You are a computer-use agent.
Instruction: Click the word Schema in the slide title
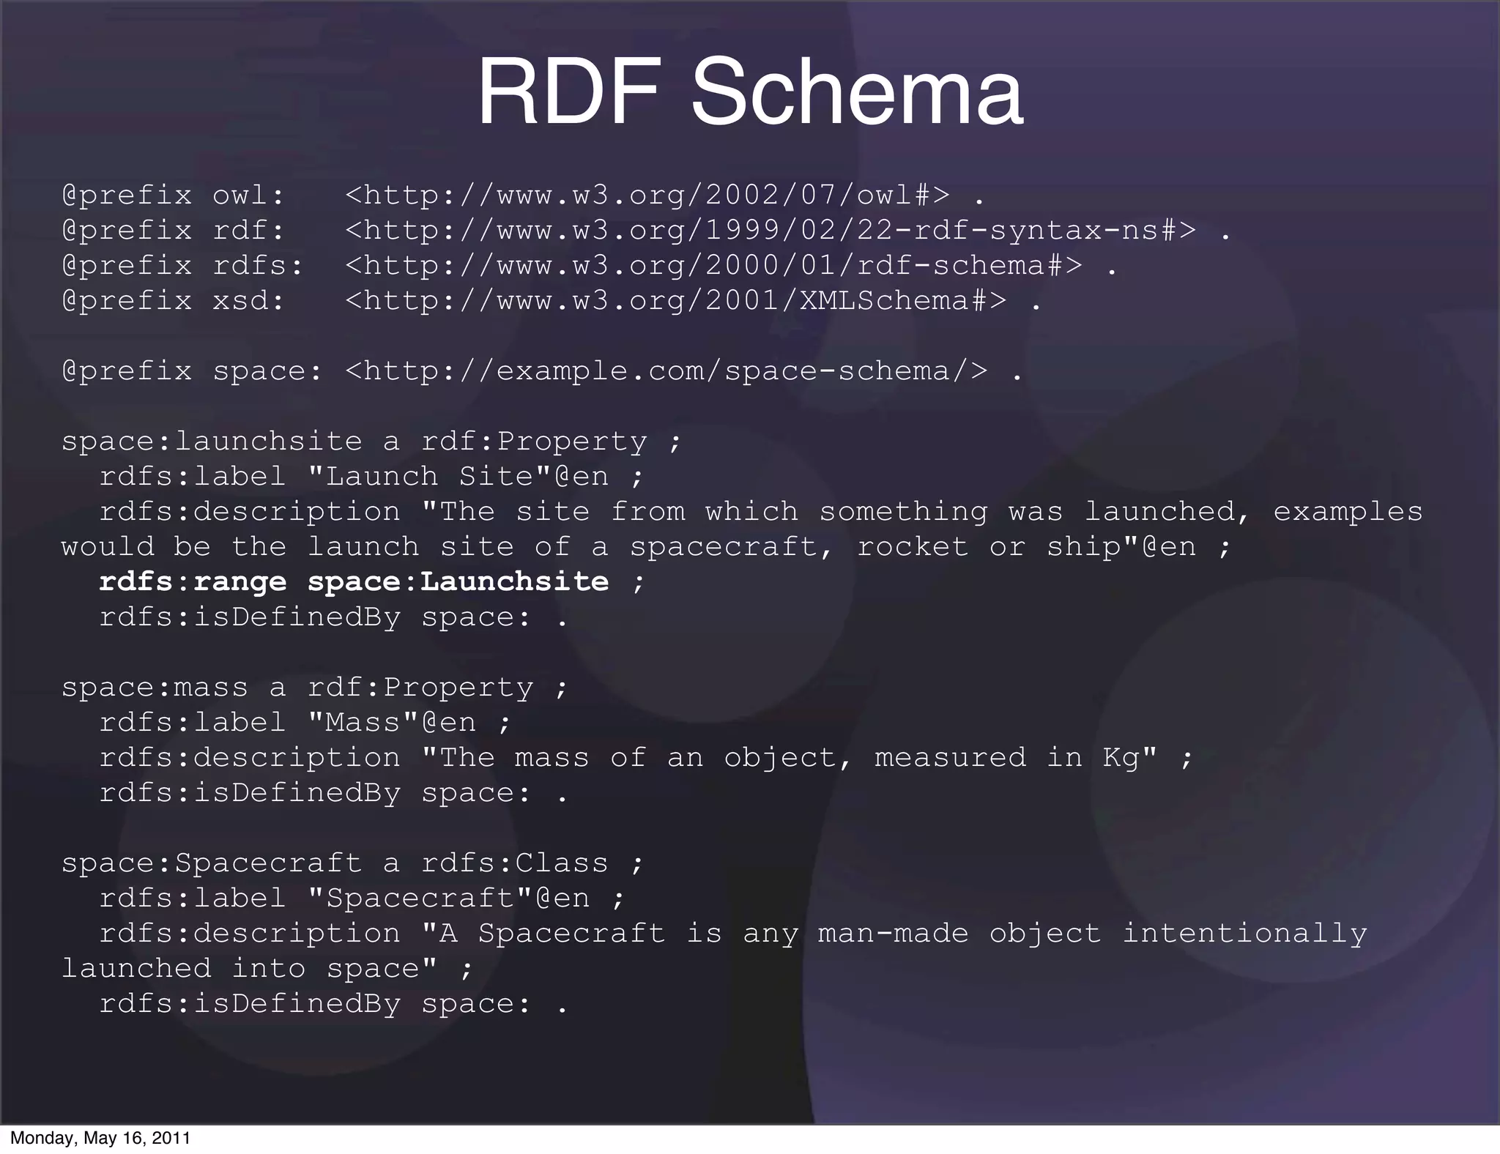pos(856,94)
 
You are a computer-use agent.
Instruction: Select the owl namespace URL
pos(647,196)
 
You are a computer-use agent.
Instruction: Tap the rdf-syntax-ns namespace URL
pos(771,231)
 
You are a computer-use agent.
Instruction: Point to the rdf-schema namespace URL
pos(713,266)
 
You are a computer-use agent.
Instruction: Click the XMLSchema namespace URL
pos(675,301)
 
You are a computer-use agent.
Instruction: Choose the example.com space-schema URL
pos(666,371)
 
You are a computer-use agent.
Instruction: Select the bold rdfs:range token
pos(193,582)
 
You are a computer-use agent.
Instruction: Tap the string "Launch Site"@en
pos(458,477)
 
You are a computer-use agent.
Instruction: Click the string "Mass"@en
pos(392,723)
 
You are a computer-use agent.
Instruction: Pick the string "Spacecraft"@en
pos(448,898)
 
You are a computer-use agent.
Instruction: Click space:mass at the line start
pos(155,688)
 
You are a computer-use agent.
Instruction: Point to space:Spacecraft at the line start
pos(212,863)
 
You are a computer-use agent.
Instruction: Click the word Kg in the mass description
pos(1121,758)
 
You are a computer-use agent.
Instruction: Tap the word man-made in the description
pos(893,934)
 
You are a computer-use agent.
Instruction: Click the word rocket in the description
pos(912,547)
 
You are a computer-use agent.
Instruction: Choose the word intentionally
pos(1244,934)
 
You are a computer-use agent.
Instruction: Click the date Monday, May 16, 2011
pos(100,1138)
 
